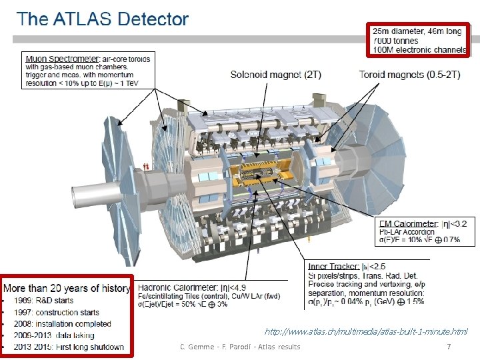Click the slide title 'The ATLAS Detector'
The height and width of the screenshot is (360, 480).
pyautogui.click(x=103, y=19)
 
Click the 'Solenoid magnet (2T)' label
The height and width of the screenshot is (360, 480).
pyautogui.click(x=275, y=75)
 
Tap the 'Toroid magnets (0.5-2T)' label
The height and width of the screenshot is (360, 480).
pyautogui.click(x=410, y=75)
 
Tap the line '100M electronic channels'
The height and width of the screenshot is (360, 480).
pyautogui.click(x=419, y=50)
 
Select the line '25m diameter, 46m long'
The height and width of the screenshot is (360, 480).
pyautogui.click(x=417, y=31)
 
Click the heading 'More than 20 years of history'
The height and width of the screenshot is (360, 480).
pyautogui.click(x=67, y=288)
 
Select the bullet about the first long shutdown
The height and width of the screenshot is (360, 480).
pyautogui.click(x=67, y=347)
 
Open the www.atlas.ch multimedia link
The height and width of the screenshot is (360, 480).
pyautogui.click(x=366, y=331)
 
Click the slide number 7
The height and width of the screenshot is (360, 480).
pyautogui.click(x=449, y=347)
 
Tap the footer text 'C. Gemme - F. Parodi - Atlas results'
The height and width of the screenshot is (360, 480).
pyautogui.click(x=240, y=347)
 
